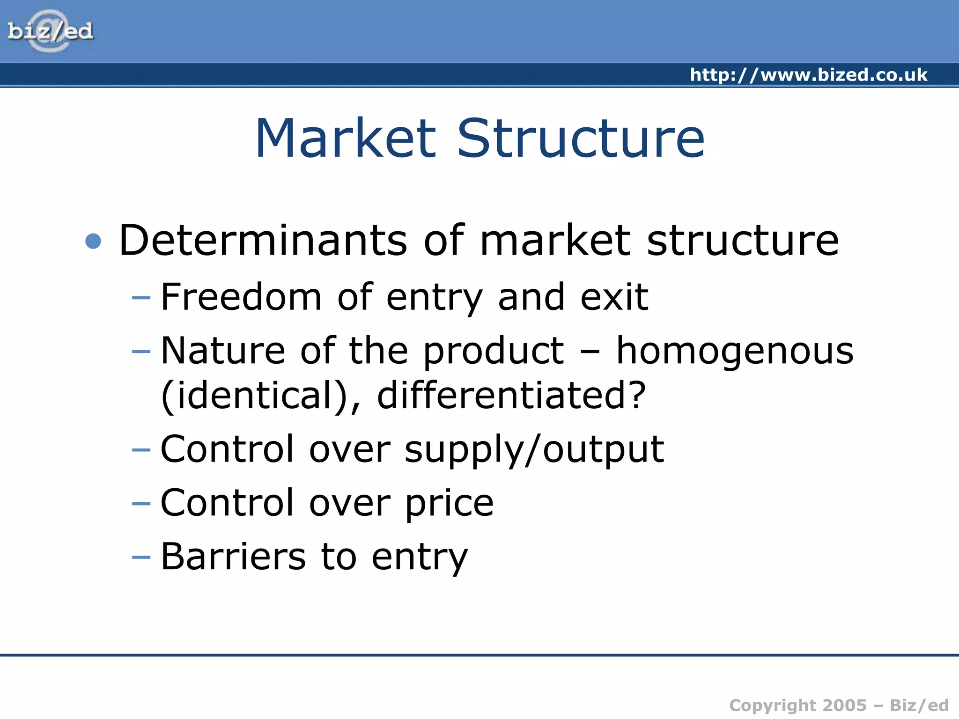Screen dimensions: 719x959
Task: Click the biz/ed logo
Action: pos(51,31)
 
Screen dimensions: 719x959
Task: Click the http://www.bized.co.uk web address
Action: pos(808,75)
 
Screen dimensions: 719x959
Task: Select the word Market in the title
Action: pos(346,139)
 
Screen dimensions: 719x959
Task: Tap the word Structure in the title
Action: pos(581,139)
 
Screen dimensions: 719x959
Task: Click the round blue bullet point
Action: pos(94,241)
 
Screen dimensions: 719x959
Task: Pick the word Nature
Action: pos(223,351)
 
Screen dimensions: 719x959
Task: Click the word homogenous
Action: pos(735,352)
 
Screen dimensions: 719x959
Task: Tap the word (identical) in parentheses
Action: pos(260,396)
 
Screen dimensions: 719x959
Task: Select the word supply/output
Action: pos(534,449)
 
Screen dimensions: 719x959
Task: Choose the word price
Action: pos(449,503)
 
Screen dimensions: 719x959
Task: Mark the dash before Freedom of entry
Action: pos(141,298)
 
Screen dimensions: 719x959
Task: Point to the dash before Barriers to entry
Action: pos(141,557)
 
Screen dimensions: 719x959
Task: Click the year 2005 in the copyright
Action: pos(844,705)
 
